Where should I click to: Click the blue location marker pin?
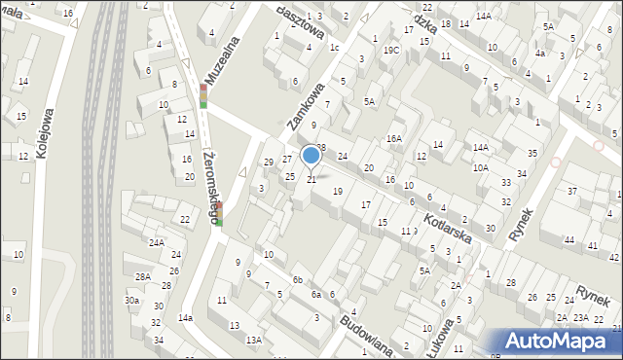(311, 156)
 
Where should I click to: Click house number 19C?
(391, 50)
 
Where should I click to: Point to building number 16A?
(394, 139)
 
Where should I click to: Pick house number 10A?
(481, 167)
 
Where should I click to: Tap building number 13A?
(253, 340)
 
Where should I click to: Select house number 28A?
(143, 277)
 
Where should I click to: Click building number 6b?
(298, 280)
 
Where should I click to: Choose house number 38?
(320, 147)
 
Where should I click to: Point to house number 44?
(568, 239)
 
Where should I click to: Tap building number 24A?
(156, 242)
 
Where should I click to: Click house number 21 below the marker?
(311, 179)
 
